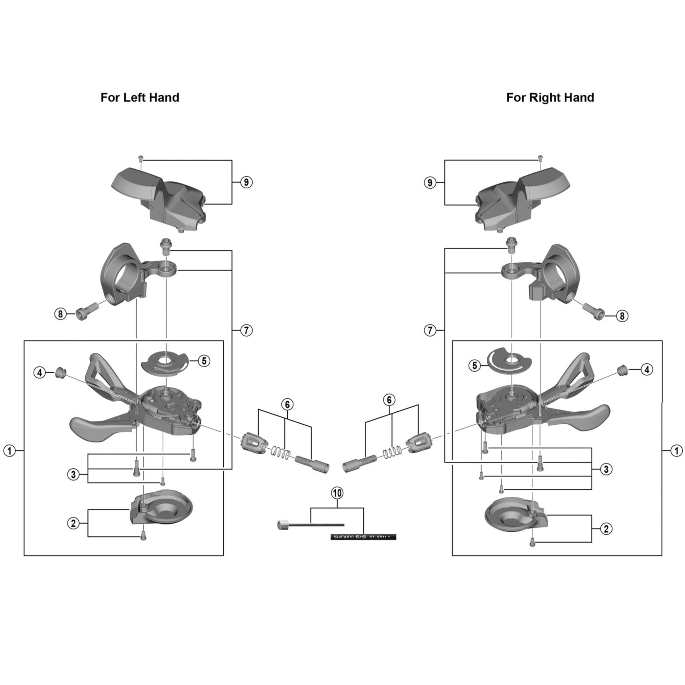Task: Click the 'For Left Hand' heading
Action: coord(140,98)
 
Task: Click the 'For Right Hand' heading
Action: coord(550,98)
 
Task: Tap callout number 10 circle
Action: coord(337,493)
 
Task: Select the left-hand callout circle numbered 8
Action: coord(60,314)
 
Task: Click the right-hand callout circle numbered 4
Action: coord(647,370)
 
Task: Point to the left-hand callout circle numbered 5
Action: coord(204,361)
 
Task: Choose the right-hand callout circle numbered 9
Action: coord(430,183)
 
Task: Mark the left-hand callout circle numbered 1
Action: coord(10,451)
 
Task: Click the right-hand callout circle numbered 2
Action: coord(606,529)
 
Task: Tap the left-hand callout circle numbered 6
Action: coord(287,404)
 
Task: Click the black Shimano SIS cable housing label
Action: coord(363,537)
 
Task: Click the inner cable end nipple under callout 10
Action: coord(283,525)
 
